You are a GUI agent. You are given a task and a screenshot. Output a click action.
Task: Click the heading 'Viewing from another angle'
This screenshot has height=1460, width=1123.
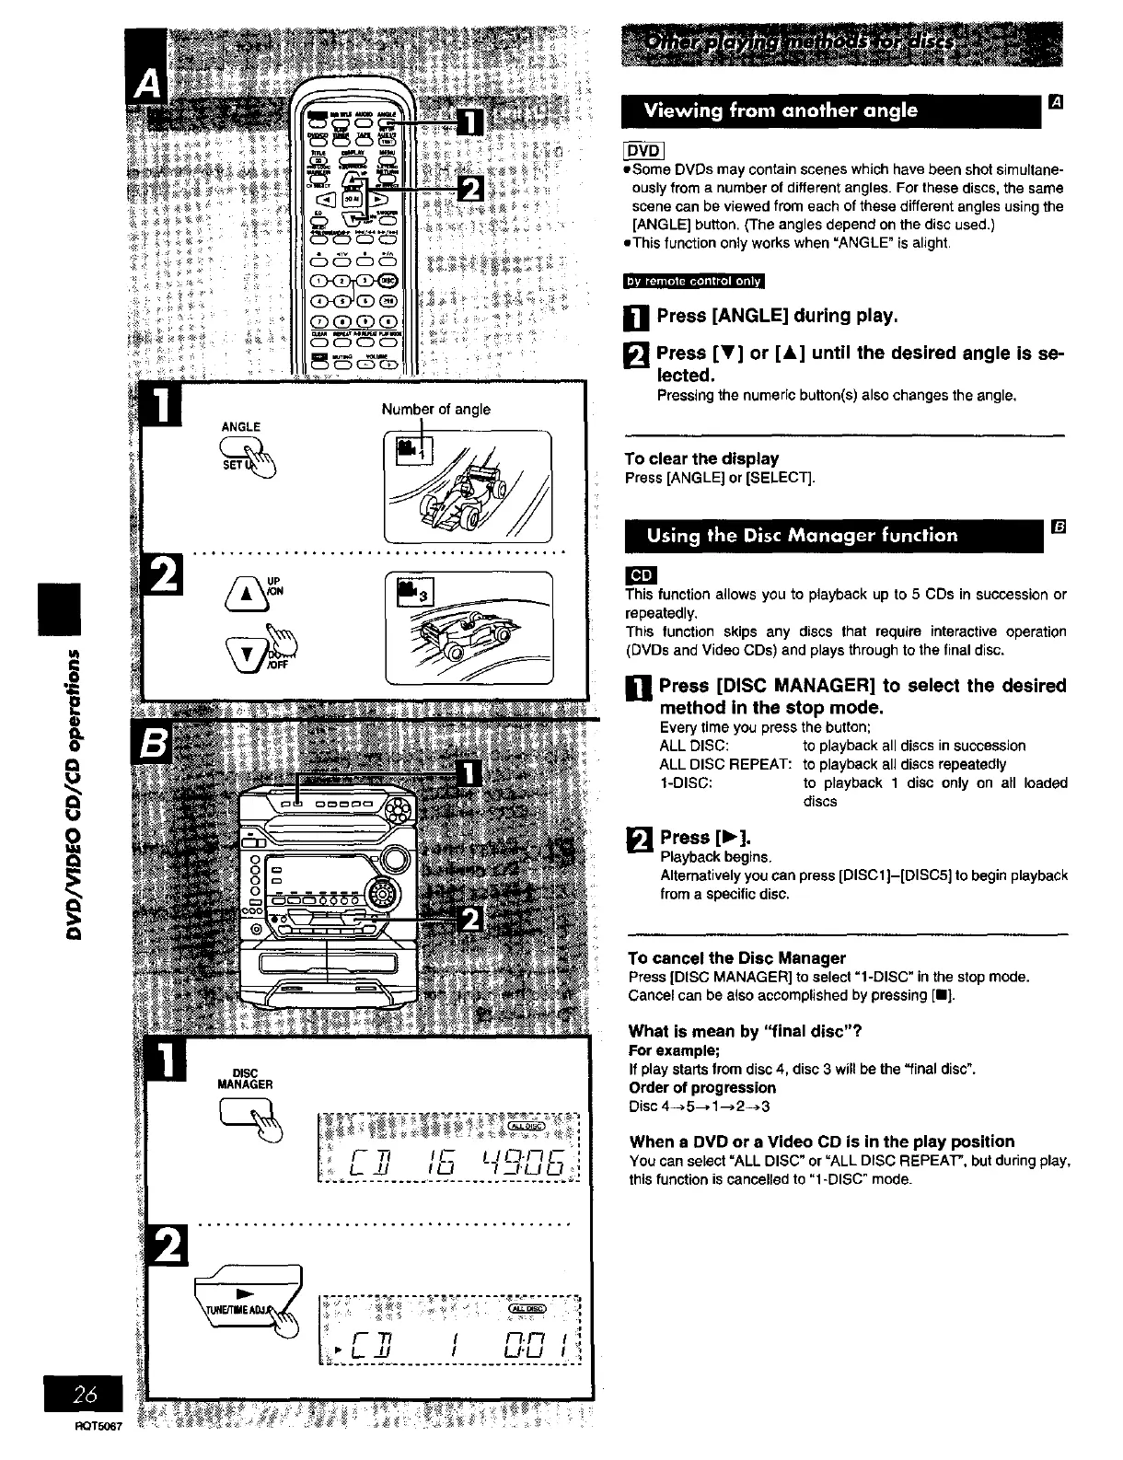tap(781, 111)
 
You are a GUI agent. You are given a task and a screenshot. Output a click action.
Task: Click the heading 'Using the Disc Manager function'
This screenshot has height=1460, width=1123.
tap(802, 535)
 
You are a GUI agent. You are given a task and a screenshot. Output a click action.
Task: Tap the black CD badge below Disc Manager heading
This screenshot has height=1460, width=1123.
tap(641, 575)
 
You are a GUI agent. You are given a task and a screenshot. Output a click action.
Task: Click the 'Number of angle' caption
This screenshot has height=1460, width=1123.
tap(435, 409)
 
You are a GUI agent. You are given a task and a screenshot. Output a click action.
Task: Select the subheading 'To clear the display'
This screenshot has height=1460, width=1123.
tap(701, 458)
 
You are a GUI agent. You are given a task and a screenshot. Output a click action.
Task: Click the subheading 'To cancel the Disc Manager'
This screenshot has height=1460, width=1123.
tap(736, 957)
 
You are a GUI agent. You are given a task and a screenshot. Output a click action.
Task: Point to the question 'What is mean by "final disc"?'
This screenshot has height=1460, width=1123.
tap(745, 1030)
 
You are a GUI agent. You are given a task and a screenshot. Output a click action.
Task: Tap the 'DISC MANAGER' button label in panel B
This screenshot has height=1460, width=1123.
tap(245, 1078)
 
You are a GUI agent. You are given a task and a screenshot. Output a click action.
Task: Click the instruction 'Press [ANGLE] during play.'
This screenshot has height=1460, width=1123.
tap(777, 316)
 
